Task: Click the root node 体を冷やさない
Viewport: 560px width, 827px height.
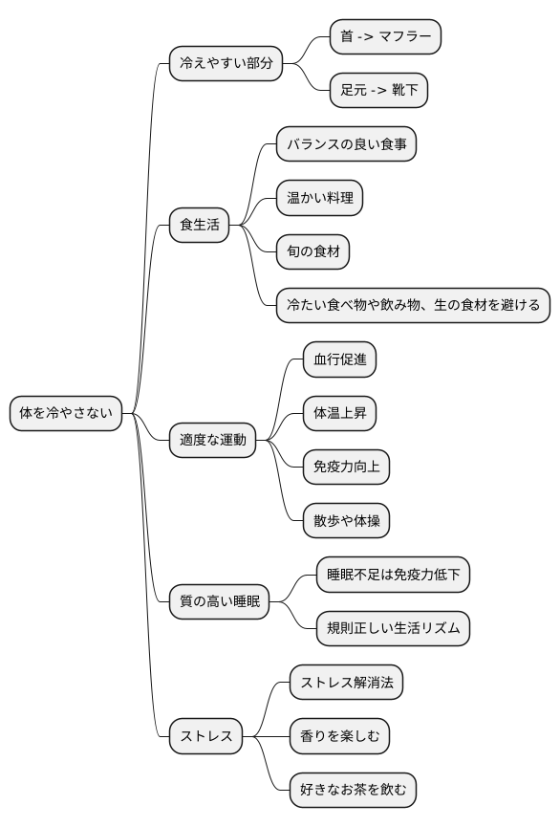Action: point(66,414)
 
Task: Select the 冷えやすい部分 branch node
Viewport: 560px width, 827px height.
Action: point(226,64)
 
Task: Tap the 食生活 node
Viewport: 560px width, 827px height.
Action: point(200,226)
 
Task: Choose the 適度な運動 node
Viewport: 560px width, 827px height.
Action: point(213,441)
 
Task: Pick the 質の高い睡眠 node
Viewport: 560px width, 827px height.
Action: point(220,602)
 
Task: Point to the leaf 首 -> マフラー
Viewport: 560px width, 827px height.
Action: point(385,37)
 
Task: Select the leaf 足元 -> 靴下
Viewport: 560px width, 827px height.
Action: point(378,91)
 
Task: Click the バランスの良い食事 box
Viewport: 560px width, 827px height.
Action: point(346,144)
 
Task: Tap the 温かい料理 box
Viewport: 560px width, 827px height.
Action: point(320,199)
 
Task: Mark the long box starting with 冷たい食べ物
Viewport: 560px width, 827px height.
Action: point(413,306)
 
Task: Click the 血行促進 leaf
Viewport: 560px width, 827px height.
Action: point(339,360)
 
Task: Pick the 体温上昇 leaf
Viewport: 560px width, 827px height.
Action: point(339,414)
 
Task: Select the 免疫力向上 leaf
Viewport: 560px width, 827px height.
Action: point(346,468)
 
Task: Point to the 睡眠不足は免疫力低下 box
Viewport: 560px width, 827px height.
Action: point(393,575)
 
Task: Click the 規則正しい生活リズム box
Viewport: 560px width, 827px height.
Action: point(393,629)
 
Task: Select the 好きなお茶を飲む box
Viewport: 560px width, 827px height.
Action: point(353,790)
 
